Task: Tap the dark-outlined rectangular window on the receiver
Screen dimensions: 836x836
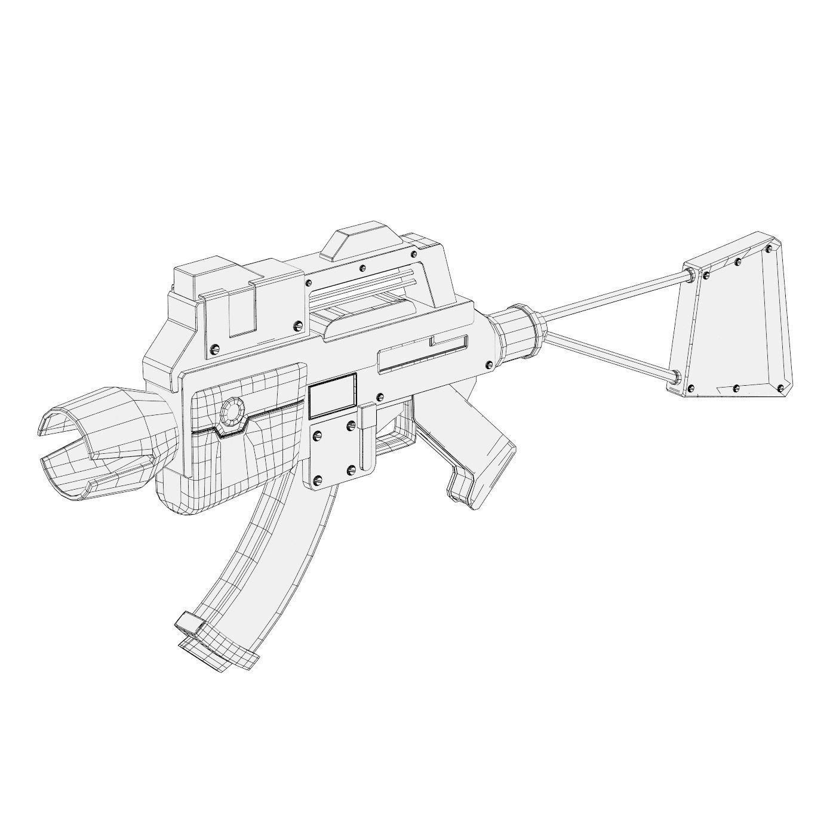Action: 332,395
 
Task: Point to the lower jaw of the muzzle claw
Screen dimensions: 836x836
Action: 96,472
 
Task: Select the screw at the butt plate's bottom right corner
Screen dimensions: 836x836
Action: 780,389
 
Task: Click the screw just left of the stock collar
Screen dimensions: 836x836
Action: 490,364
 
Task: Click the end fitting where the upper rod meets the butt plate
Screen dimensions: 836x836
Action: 691,275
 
